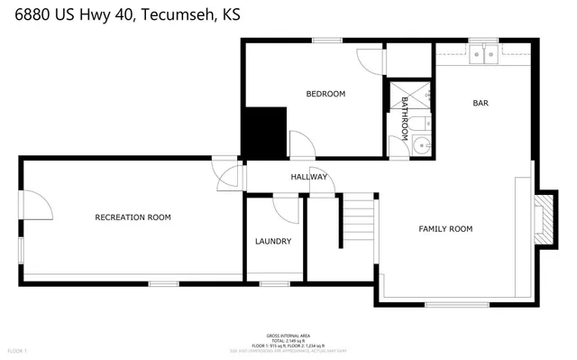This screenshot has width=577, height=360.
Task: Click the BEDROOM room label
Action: pyautogui.click(x=325, y=94)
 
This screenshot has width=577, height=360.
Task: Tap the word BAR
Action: pyautogui.click(x=481, y=103)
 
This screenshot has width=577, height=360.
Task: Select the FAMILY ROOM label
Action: pyautogui.click(x=445, y=229)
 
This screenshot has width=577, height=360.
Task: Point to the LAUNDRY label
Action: pyautogui.click(x=272, y=241)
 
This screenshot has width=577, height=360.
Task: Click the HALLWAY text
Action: pyautogui.click(x=307, y=177)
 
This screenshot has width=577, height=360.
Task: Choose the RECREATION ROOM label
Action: pyautogui.click(x=133, y=217)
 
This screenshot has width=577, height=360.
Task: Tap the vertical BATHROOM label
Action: pyautogui.click(x=406, y=114)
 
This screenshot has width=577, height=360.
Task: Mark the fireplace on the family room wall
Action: pyautogui.click(x=540, y=219)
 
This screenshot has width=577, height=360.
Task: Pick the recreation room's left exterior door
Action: pyautogui.click(x=34, y=208)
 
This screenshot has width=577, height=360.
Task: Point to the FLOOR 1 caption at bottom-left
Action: pyautogui.click(x=18, y=350)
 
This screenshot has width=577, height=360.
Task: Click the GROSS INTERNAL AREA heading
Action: pyautogui.click(x=288, y=334)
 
